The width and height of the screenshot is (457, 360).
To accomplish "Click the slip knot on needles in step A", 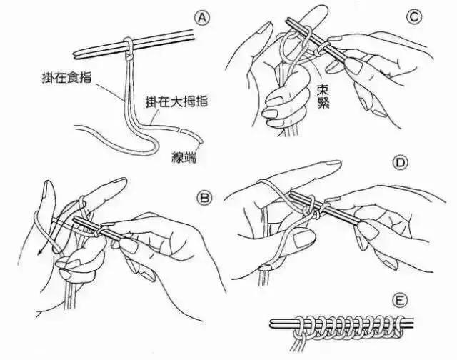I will [x=127, y=46].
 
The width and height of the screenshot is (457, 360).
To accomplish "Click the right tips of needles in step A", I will [x=191, y=31].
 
